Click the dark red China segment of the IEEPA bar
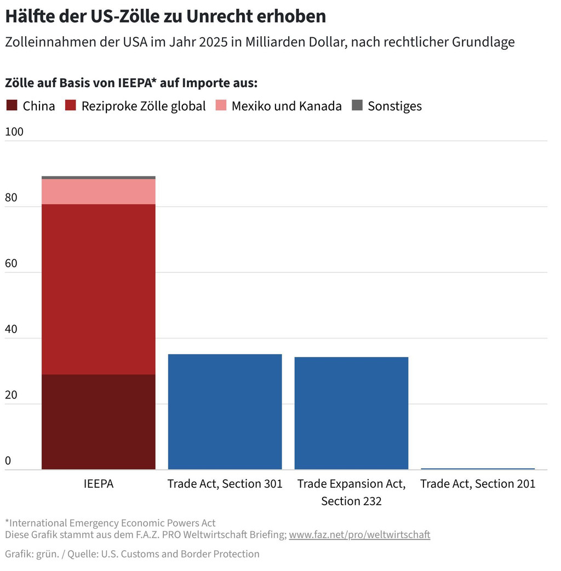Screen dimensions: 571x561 pos(99,422)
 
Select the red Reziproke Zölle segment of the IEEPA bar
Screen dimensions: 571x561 pos(99,289)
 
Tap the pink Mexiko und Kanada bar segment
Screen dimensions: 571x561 pos(99,192)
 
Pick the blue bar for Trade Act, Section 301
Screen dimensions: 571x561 pos(225,412)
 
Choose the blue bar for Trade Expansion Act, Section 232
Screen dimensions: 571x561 pos(351,413)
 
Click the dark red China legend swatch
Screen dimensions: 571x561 pos(12,106)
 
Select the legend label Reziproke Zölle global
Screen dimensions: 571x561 pos(144,106)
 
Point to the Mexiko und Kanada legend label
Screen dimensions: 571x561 pos(287,106)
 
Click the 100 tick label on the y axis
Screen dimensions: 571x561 pos(14,132)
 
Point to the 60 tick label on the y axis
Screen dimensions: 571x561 pos(11,264)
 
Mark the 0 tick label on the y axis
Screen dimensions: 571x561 pos(8,461)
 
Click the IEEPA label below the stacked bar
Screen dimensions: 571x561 pos(99,484)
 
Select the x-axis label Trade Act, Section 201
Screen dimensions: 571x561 pos(478,484)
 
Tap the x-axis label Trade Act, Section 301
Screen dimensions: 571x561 pos(225,484)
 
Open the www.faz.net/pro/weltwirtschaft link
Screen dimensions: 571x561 pos(359,534)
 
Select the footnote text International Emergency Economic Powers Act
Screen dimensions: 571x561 pos(113,523)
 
